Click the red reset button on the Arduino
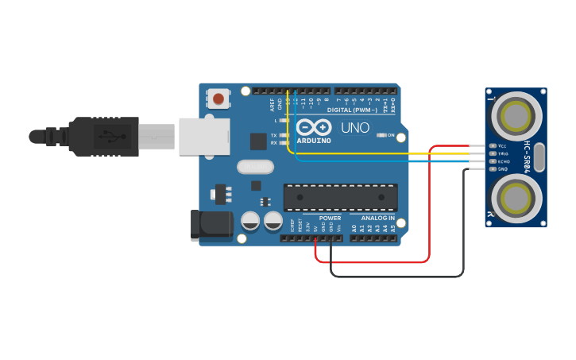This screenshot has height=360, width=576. [218, 99]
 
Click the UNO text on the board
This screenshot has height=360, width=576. [355, 128]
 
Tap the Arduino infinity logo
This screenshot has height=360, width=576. [314, 127]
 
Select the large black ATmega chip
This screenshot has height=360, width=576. [341, 197]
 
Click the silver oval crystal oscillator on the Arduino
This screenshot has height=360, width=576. [255, 167]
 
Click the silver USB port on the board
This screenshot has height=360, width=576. [203, 136]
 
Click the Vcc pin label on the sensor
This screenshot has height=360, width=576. [502, 146]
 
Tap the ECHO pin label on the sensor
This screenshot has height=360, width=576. [503, 161]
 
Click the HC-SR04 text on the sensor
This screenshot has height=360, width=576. [527, 157]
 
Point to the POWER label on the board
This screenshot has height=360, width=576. [330, 218]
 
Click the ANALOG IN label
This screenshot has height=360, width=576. [377, 218]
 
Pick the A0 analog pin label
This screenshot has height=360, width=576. [354, 228]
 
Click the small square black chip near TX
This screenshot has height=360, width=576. [258, 141]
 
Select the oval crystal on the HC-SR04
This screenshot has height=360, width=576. [539, 157]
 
